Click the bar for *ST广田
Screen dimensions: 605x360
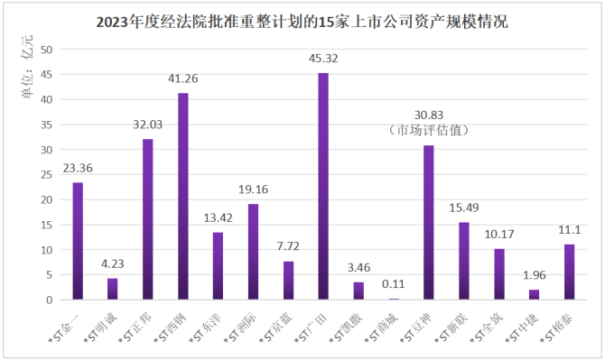pos(323,186)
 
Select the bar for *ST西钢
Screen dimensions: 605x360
pos(183,196)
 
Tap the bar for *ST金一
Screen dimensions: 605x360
pos(78,241)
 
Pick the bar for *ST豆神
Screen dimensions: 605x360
pos(429,222)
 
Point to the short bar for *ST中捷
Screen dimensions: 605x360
pos(534,294)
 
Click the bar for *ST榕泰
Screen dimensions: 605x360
pos(570,272)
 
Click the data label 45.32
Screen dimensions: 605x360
pos(323,59)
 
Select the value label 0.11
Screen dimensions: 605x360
pos(393,284)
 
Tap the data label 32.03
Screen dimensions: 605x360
pos(148,125)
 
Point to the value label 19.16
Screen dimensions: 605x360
pos(253,189)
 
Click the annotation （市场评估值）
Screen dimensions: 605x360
pos(429,130)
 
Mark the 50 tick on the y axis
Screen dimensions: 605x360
pos(46,50)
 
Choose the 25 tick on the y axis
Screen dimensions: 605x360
pos(46,175)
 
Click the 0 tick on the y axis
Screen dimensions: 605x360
pos(49,300)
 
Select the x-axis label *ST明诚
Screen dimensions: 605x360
pos(100,328)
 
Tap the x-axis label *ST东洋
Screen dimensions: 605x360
pos(206,328)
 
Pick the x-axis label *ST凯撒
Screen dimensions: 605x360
pos(346,328)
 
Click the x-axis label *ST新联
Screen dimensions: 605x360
pos(451,328)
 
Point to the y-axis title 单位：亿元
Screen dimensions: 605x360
pos(27,67)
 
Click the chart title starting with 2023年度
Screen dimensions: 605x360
pos(302,22)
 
